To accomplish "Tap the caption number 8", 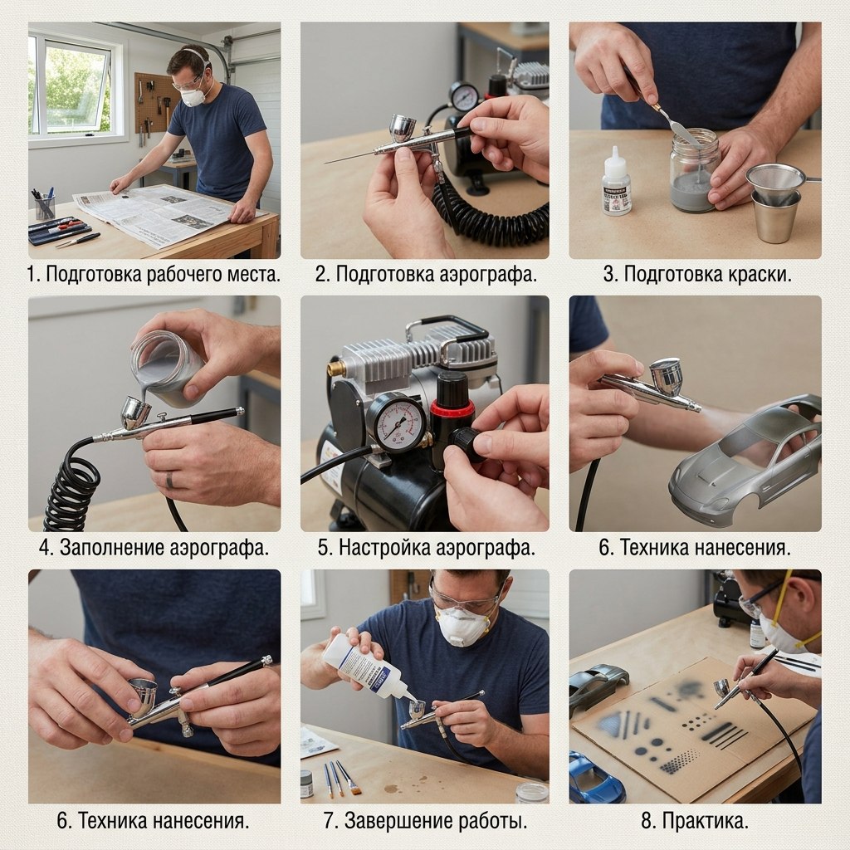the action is pos(647,821).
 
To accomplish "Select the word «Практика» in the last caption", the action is pos(703,821).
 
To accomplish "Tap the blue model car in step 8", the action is pos(595,777).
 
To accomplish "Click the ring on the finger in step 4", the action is pos(169,480).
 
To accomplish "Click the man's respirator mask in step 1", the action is pos(193,96).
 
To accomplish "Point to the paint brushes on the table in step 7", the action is pos(340,779).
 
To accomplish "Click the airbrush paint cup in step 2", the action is pos(403,128).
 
